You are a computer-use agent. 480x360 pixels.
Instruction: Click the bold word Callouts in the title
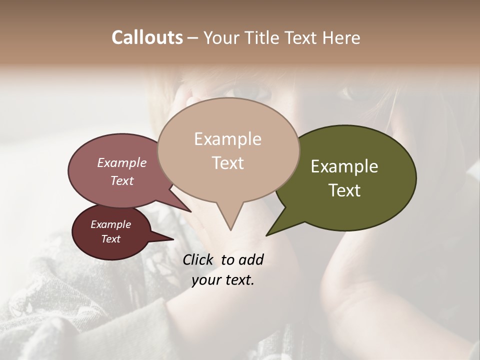[x=147, y=37]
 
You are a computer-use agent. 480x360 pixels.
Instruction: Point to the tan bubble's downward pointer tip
[x=230, y=230]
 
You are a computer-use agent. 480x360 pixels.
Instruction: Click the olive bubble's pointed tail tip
[x=266, y=235]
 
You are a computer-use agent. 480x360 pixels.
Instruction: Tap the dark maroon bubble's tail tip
[x=173, y=239]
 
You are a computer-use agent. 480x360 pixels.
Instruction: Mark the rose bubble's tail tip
[x=191, y=211]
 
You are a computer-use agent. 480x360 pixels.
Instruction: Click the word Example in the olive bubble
[x=344, y=166]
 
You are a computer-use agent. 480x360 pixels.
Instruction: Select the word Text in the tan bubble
[x=228, y=163]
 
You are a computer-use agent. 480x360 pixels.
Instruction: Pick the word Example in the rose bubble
[x=121, y=162]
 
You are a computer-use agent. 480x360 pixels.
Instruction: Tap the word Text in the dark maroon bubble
[x=110, y=239]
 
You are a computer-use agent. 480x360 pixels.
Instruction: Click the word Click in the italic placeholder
[x=198, y=259]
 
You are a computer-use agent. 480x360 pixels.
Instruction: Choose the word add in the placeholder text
[x=251, y=259]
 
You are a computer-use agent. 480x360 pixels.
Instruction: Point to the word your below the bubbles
[x=206, y=280]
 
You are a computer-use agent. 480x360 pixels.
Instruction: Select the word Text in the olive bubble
[x=344, y=190]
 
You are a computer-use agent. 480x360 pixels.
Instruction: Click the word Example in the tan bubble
[x=228, y=139]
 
